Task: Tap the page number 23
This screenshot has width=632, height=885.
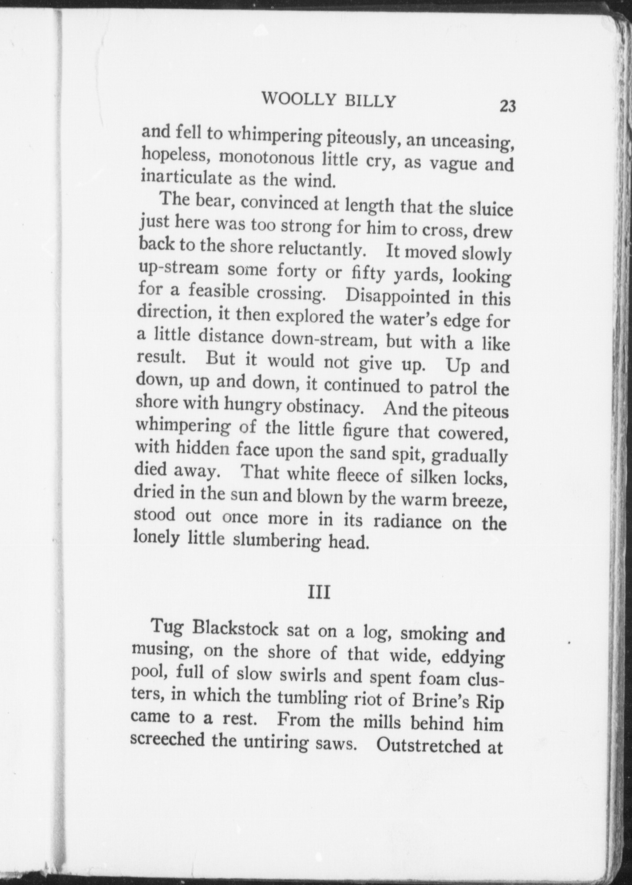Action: point(507,106)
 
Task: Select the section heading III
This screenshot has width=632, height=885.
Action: point(319,593)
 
